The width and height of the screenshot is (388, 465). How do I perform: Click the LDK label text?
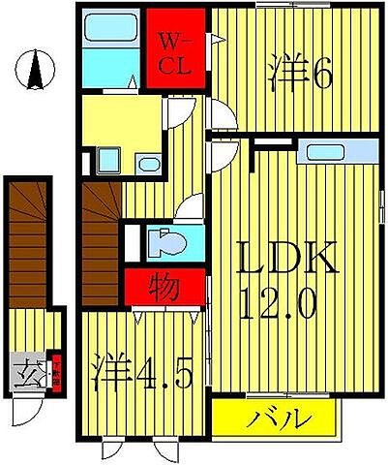tap(289, 260)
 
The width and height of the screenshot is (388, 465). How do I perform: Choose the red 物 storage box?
tap(164, 289)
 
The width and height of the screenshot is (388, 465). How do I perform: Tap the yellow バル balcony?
tap(277, 420)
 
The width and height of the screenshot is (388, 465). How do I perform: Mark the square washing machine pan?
tap(106, 160)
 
